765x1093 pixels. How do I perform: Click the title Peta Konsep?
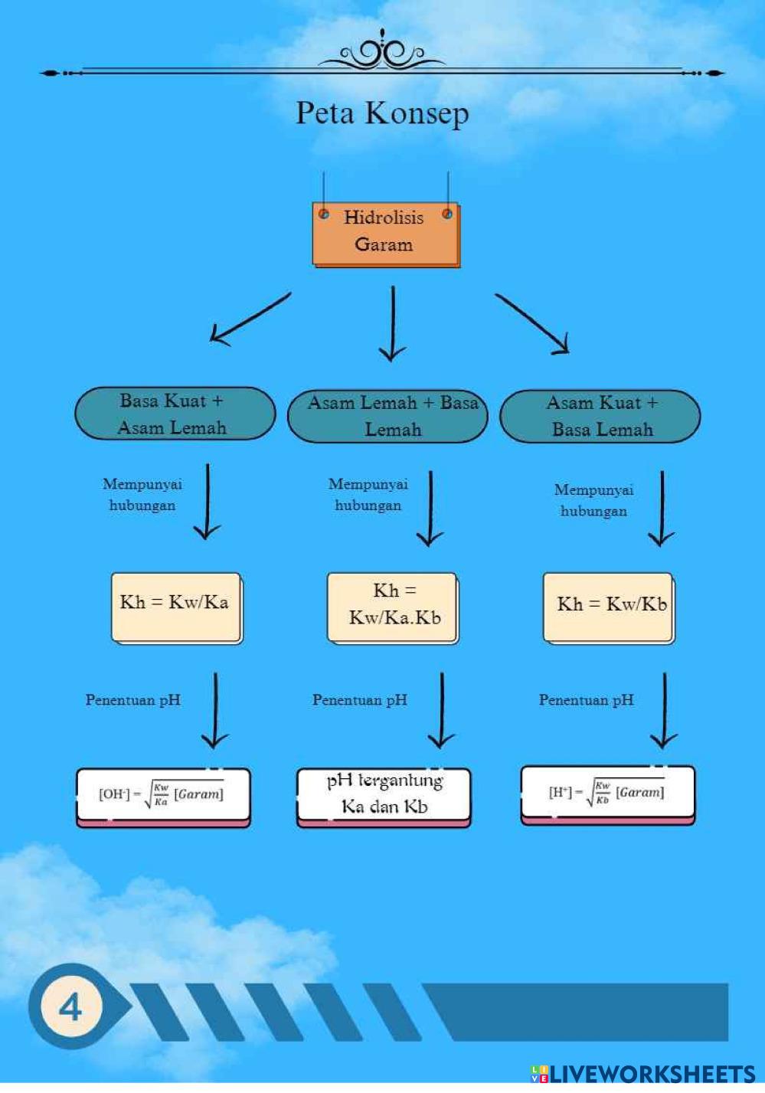point(382,113)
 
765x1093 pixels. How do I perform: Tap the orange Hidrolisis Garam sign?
point(384,233)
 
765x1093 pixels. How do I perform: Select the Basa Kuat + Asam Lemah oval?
point(175,414)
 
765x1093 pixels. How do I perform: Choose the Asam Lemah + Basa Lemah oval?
point(388,416)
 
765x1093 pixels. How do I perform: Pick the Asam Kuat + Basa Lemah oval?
point(600,416)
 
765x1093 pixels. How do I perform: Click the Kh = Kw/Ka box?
point(176,607)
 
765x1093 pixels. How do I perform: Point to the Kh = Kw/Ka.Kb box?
point(393,607)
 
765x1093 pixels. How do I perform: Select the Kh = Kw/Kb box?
point(609,607)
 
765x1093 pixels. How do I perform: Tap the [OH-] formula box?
point(163,797)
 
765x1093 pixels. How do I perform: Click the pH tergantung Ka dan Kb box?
point(384,797)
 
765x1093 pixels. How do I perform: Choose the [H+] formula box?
point(607,794)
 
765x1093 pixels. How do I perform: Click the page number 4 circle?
point(70,1006)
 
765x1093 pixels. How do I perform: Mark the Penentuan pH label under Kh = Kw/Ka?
point(133,700)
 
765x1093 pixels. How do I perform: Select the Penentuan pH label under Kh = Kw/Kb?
point(587,700)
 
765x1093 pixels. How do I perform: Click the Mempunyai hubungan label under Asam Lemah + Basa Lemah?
point(368,495)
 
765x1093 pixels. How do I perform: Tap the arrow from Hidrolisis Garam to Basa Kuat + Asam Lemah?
point(250,319)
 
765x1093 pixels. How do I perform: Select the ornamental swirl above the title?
point(381,52)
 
